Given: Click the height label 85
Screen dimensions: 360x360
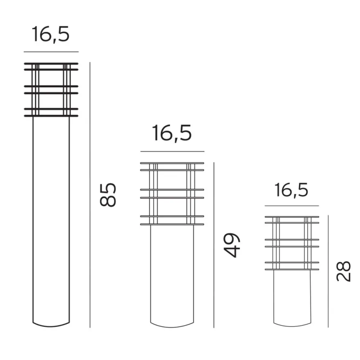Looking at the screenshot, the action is (108, 195).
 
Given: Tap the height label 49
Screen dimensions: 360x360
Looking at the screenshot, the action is (232, 245).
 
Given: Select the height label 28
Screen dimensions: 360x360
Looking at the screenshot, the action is (344, 271).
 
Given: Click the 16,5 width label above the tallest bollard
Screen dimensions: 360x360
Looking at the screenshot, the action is (50, 34).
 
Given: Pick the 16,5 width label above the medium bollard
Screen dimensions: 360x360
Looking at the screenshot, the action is (172, 133).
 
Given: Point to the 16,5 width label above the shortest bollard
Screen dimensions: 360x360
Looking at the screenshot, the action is (291, 190).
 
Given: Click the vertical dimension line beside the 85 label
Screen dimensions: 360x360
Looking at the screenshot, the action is (90, 195).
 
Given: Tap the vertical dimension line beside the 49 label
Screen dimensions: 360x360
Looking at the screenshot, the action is (214, 245).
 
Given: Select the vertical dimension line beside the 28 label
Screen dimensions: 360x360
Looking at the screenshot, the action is (328, 271).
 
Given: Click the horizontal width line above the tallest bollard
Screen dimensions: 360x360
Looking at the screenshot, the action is (51, 52).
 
